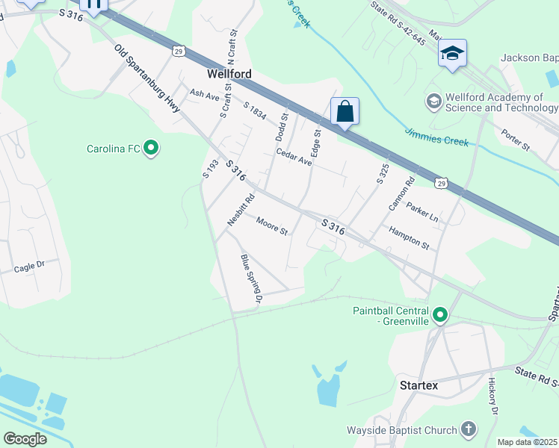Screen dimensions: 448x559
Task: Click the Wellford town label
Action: tap(229, 75)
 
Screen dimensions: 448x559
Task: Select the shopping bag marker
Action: tap(345, 111)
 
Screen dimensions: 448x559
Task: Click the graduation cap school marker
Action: tap(452, 53)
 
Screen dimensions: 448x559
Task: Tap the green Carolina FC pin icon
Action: tap(151, 149)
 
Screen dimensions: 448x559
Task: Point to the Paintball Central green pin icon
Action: tap(439, 316)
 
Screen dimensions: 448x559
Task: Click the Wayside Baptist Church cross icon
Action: tap(468, 429)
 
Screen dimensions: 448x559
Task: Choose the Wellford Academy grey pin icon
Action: tap(433, 100)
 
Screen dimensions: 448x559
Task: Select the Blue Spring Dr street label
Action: tap(251, 278)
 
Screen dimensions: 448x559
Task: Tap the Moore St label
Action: tap(272, 225)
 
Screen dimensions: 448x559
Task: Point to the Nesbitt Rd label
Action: tap(241, 210)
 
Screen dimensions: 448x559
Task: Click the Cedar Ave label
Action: tap(293, 156)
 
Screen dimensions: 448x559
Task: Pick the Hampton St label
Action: tap(409, 239)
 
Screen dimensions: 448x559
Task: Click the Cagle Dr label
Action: tap(29, 265)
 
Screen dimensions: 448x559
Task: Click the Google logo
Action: tap(25, 438)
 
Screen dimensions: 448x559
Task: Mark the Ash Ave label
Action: tap(203, 95)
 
